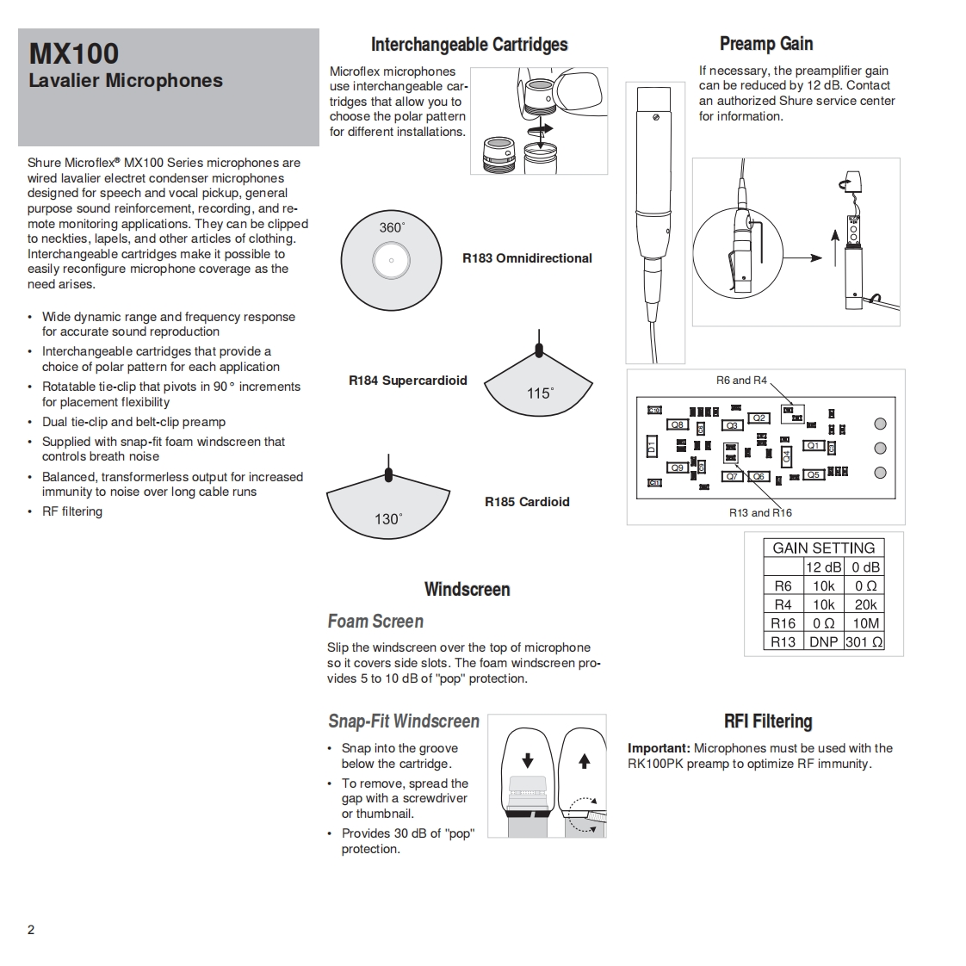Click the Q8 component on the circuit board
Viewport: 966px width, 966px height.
pos(678,424)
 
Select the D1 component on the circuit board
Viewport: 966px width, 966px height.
pos(652,447)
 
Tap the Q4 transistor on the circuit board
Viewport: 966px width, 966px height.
pos(786,455)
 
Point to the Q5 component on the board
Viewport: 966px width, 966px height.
pos(813,474)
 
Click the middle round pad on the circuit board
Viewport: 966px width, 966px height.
pos(880,448)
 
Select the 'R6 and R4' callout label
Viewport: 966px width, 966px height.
pos(740,380)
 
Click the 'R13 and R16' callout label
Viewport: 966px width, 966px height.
pos(760,512)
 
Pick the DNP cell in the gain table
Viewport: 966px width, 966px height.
pos(823,641)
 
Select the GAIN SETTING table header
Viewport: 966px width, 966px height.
pos(823,548)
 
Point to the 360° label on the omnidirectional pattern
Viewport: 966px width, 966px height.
pos(392,227)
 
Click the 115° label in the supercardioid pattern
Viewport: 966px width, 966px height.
pos(540,393)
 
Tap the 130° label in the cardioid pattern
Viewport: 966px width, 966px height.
pos(387,518)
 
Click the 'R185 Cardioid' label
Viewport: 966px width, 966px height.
pos(527,501)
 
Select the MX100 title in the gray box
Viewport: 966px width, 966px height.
pos(74,53)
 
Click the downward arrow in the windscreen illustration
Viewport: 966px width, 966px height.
pos(528,760)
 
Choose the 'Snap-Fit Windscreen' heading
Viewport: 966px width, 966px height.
pos(404,721)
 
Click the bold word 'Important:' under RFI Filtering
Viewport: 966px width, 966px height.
pos(659,748)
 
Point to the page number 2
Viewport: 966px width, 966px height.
pos(31,929)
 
